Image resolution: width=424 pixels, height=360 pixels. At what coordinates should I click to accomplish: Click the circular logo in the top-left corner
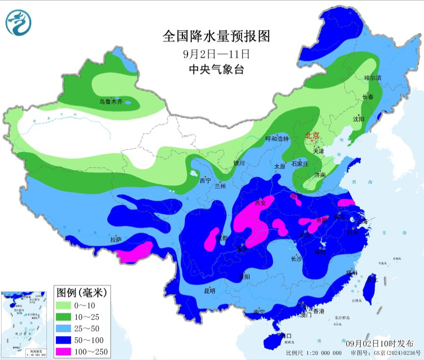[19, 23]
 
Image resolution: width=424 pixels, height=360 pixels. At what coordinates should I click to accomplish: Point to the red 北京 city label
[312, 136]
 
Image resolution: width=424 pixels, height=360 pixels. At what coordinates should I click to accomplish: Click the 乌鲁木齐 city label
[111, 102]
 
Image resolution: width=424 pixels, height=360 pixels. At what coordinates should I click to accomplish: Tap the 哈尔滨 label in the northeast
[373, 78]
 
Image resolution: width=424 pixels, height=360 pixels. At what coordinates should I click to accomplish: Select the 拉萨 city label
[116, 239]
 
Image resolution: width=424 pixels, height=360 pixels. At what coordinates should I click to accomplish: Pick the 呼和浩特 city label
[278, 139]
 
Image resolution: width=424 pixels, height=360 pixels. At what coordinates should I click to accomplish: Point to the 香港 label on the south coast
[319, 311]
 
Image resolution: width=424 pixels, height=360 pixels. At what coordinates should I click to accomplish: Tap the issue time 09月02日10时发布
[380, 343]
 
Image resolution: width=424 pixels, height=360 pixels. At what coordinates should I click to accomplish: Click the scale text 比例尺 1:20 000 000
[314, 353]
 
